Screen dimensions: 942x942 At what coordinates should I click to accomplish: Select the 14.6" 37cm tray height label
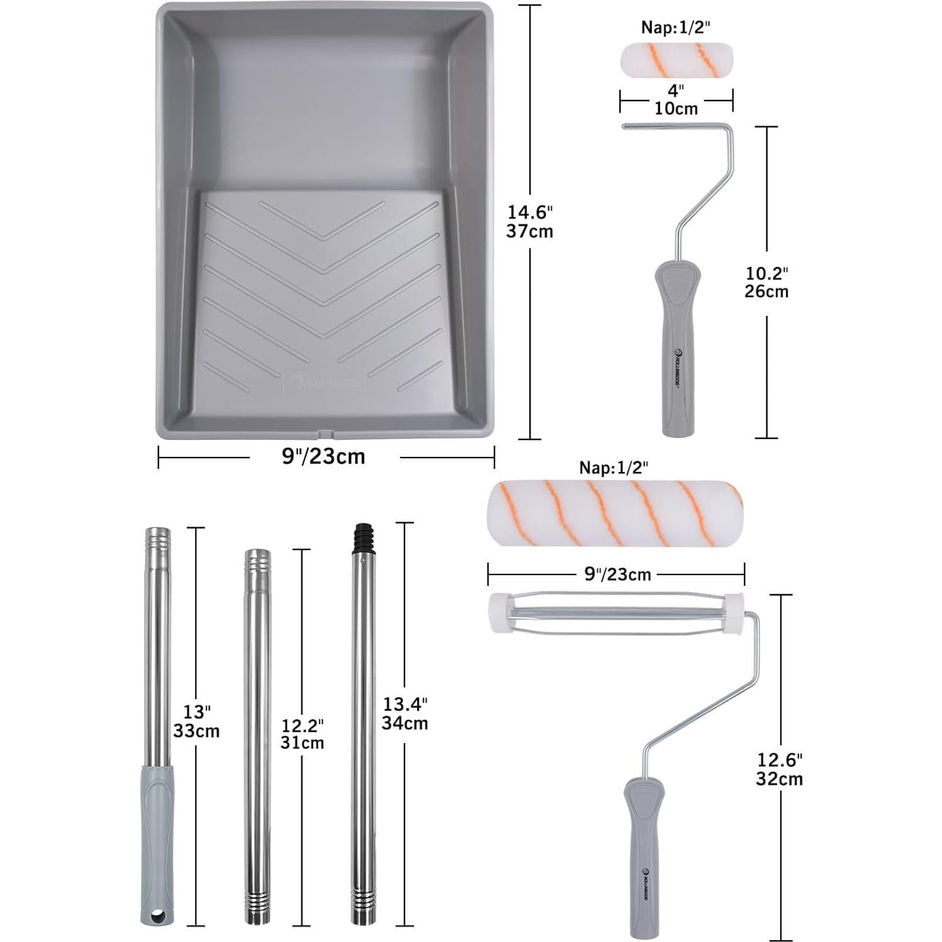pos(530,221)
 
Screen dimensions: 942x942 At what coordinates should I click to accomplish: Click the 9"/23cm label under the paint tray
pos(323,456)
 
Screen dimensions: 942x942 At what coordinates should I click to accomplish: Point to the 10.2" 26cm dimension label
pos(766,283)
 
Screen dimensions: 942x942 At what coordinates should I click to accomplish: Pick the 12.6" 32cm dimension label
pos(780,769)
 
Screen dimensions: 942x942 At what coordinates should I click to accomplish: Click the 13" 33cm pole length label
pos(196,721)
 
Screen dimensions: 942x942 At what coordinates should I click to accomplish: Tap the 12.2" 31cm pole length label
pos(303,734)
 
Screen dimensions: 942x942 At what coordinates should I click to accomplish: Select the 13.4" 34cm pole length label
pos(405,714)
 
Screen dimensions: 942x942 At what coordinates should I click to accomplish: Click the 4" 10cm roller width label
pos(676,99)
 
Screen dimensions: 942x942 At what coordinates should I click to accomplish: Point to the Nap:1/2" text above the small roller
pos(677,27)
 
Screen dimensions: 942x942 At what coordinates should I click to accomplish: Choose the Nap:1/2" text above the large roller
pos(614,467)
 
